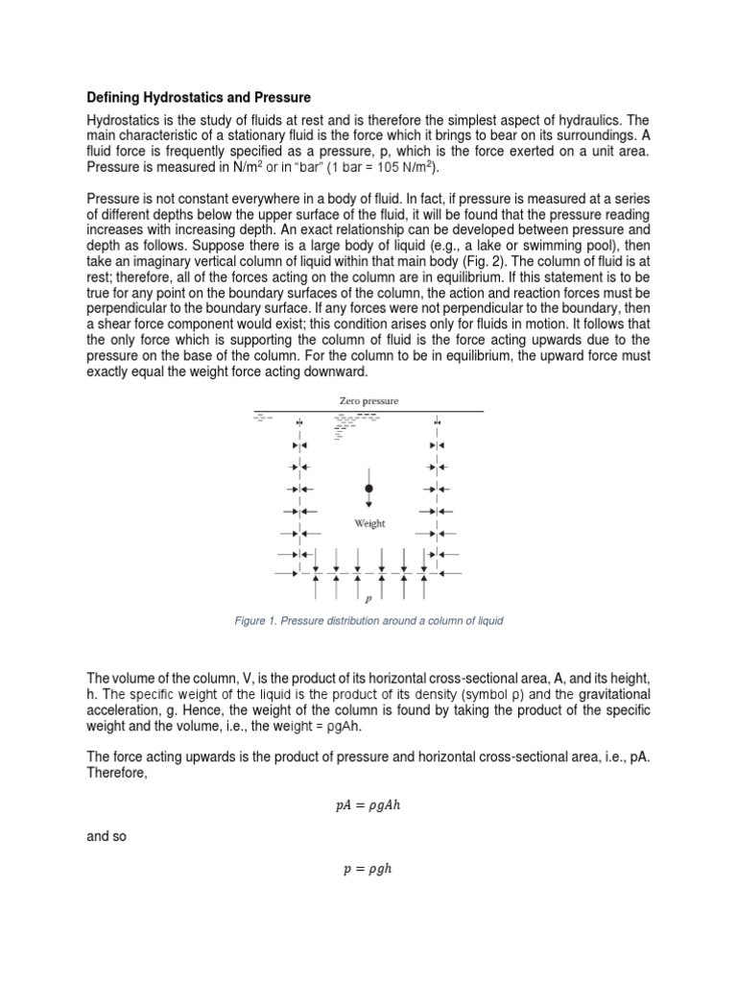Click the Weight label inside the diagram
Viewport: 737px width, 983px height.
tap(370, 523)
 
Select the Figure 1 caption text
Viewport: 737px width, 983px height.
tap(368, 621)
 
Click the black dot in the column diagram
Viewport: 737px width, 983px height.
tap(369, 489)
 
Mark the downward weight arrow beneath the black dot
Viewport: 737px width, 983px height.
tap(369, 501)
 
